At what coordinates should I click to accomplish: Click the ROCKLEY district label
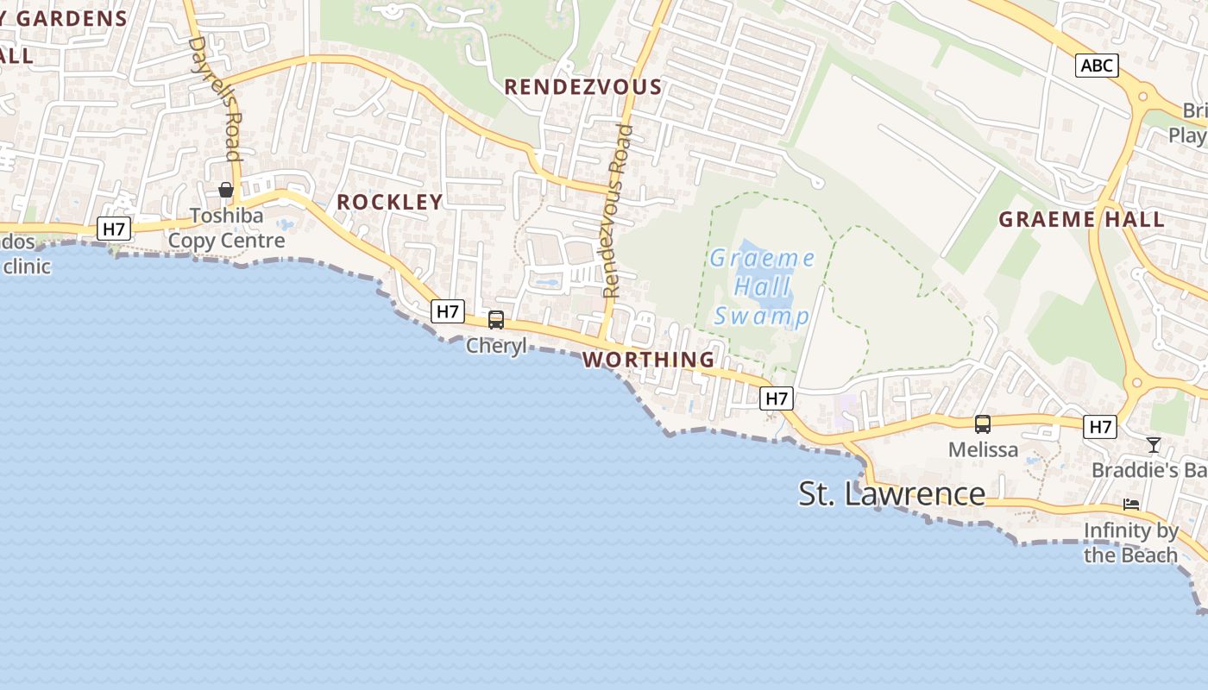tap(389, 202)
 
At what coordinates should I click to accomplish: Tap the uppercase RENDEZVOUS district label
tap(582, 87)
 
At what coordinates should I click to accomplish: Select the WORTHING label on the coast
tap(649, 360)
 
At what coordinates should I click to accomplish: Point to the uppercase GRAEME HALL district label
tap(1081, 219)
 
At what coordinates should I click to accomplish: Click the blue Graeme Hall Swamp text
tap(762, 287)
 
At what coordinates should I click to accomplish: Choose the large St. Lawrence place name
tap(891, 494)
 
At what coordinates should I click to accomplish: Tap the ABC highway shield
tap(1097, 66)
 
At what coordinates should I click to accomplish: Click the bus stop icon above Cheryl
tap(496, 320)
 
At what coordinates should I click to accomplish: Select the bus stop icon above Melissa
tap(983, 423)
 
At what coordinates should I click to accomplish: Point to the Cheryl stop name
tap(496, 346)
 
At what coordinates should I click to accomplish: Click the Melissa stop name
tap(983, 449)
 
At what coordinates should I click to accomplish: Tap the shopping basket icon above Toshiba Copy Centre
tap(226, 190)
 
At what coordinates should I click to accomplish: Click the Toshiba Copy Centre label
tap(226, 228)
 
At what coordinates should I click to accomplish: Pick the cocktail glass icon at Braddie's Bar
tap(1154, 445)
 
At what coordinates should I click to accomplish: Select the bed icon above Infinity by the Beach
tap(1131, 505)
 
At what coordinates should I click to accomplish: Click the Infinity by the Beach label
tap(1131, 543)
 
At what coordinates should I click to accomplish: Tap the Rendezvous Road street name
tap(618, 211)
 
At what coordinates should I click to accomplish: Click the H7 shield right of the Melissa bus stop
tap(1100, 426)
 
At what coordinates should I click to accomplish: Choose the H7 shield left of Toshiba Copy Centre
tap(114, 229)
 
